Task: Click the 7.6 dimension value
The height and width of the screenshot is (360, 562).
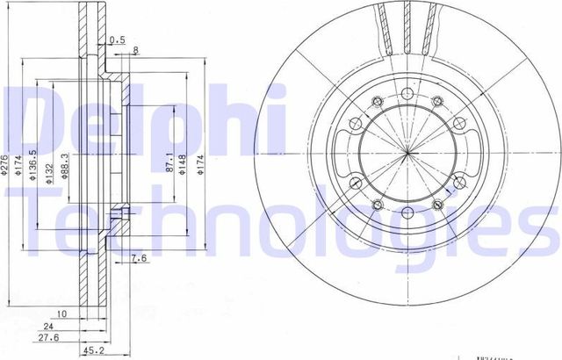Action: pyautogui.click(x=138, y=257)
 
